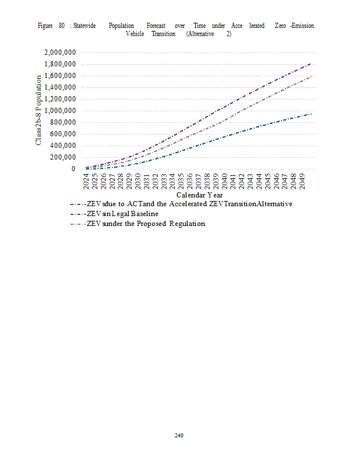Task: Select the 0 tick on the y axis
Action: click(x=73, y=169)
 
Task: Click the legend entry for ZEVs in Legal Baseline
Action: click(x=122, y=214)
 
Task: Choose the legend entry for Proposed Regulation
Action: click(x=146, y=224)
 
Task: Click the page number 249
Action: click(x=179, y=435)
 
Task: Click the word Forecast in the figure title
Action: click(x=156, y=26)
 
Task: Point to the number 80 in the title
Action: click(x=62, y=26)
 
